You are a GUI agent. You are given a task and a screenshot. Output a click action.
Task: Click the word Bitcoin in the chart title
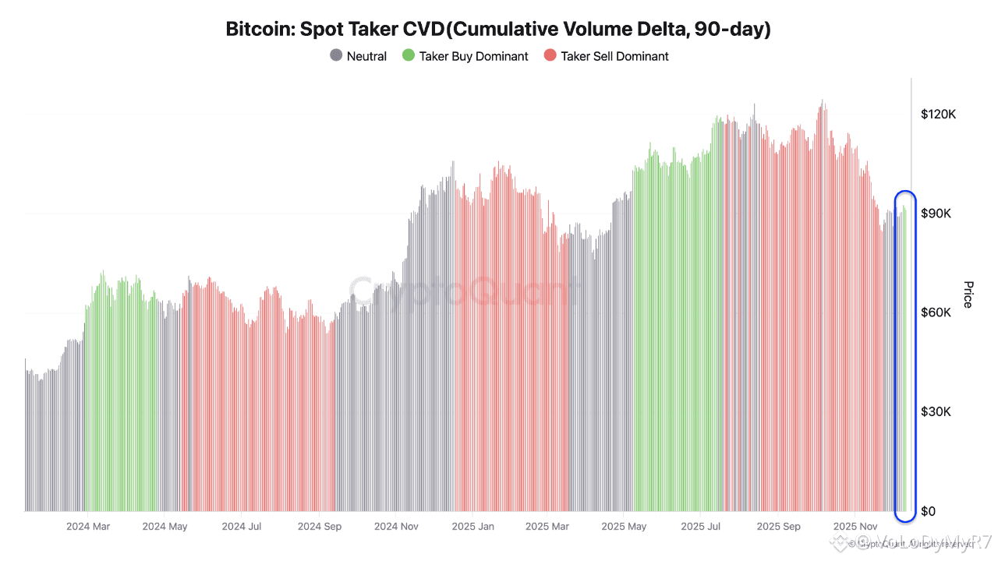[255, 30]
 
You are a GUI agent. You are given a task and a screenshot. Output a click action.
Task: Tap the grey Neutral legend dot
[336, 56]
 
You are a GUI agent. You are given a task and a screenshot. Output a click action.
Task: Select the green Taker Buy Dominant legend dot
[408, 56]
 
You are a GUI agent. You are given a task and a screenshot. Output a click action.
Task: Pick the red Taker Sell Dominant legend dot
[550, 56]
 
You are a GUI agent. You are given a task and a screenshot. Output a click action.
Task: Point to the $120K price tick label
[938, 115]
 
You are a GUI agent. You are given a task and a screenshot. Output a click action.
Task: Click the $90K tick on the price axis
[936, 213]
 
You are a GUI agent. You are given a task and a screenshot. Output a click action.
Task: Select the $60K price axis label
[936, 312]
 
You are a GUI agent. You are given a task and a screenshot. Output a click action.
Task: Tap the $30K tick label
[936, 411]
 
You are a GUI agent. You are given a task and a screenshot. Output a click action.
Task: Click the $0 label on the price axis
[928, 511]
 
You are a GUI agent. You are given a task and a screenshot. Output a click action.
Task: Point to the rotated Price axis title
[968, 295]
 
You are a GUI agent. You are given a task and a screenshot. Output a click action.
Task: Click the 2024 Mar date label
[88, 527]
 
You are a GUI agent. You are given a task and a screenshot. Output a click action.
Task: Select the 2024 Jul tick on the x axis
[242, 527]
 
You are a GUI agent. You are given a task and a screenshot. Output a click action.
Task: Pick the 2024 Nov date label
[396, 527]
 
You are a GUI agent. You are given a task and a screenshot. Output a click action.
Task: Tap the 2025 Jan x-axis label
[472, 527]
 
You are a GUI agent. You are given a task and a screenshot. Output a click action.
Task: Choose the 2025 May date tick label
[625, 527]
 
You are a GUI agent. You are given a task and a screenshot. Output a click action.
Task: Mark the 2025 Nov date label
[855, 527]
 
